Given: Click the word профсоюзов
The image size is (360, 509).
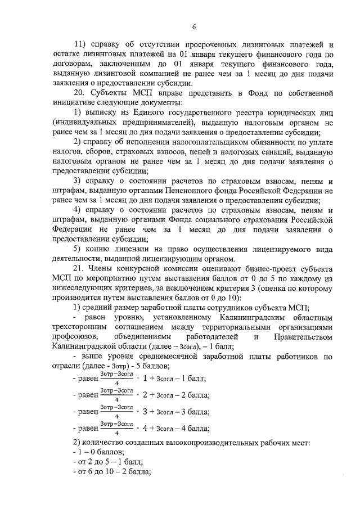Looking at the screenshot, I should (x=73, y=336).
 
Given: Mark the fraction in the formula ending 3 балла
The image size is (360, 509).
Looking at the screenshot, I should (x=116, y=412).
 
